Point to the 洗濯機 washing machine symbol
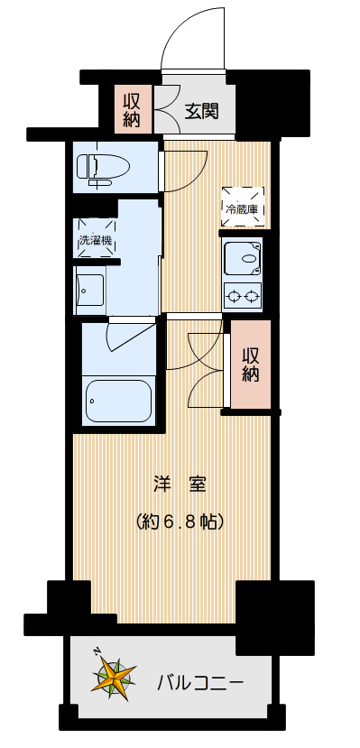pyautogui.click(x=96, y=240)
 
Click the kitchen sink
pyautogui.click(x=242, y=257)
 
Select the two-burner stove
pyautogui.click(x=242, y=294)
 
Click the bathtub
pyautogui.click(x=118, y=400)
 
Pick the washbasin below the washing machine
pyautogui.click(x=91, y=291)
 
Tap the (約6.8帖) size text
pyautogui.click(x=180, y=522)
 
